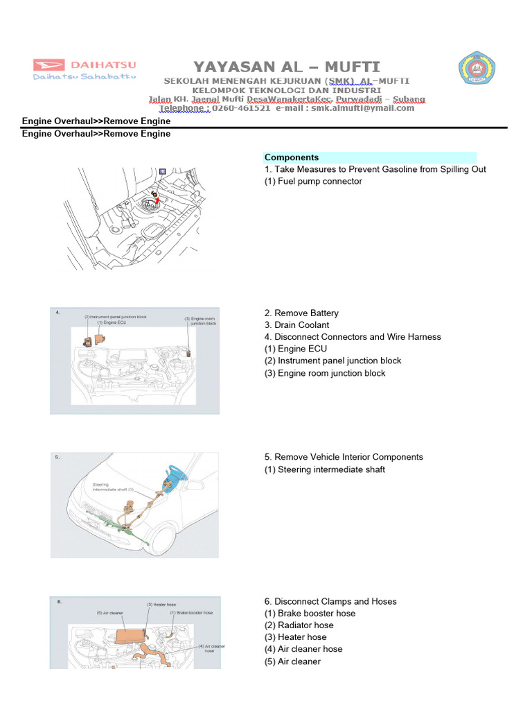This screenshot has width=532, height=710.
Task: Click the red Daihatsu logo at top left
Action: pos(85,65)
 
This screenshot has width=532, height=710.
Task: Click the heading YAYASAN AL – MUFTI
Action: pos(286,67)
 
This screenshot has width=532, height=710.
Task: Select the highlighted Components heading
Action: pos(292,157)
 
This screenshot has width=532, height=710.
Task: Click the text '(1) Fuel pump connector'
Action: pos(313,182)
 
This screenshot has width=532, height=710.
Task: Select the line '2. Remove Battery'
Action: pos(301,313)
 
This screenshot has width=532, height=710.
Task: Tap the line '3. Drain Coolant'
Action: pos(296,325)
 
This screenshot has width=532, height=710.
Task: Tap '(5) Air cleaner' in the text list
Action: pos(292,661)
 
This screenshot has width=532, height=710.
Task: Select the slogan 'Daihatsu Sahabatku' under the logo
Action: pos(85,77)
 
